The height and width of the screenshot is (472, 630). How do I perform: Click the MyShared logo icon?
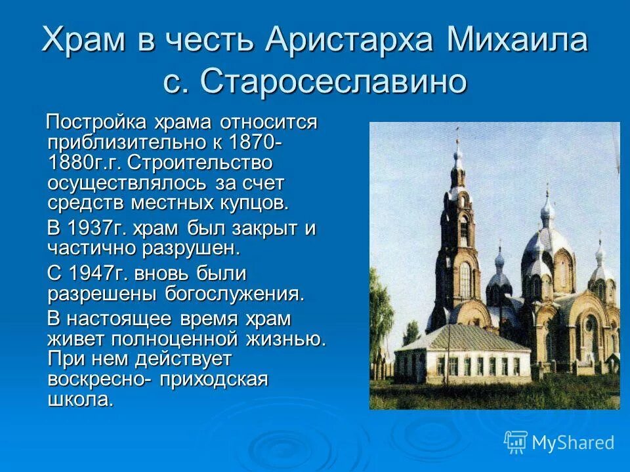pos(515,442)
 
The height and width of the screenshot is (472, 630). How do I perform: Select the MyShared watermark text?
pos(572,443)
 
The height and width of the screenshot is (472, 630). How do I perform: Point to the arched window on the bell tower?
pos(465,279)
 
